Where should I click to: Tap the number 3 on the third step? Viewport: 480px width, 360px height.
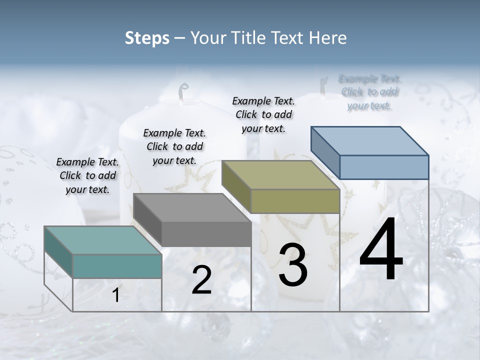tap(292, 265)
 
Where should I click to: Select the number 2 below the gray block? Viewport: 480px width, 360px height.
tap(201, 280)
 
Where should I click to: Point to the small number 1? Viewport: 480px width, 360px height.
tap(116, 295)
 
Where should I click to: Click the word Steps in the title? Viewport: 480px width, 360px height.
tap(147, 38)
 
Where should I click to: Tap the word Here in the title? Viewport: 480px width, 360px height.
tap(328, 38)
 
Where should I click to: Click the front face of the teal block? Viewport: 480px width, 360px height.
tap(117, 266)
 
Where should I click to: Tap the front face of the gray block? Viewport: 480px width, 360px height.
tap(206, 234)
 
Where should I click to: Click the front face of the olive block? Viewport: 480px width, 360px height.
tap(295, 201)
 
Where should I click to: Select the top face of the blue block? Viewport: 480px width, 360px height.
tap(369, 140)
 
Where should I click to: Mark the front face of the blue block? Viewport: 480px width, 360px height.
tap(384, 167)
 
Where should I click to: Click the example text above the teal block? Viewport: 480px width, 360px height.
tap(87, 175)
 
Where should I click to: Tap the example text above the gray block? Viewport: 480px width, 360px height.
tap(174, 146)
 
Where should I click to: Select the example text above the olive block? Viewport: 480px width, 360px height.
tap(263, 114)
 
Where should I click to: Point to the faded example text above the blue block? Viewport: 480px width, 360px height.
tap(370, 92)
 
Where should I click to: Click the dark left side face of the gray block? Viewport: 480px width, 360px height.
tap(147, 220)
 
